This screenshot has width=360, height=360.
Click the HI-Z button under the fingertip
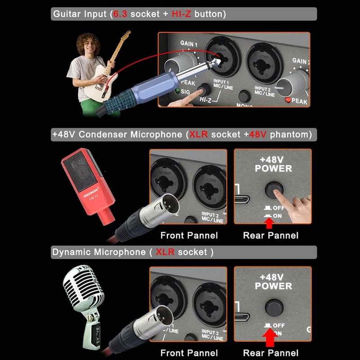coord(206,89)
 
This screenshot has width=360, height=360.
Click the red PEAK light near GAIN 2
coord(287,100)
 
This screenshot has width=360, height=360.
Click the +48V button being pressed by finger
coord(273,190)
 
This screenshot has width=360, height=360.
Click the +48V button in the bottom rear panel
coord(273,308)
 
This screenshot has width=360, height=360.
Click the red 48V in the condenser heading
coord(258,134)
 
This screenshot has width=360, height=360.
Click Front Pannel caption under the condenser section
coord(189,235)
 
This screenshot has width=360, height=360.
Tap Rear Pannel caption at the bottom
coord(270,353)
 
